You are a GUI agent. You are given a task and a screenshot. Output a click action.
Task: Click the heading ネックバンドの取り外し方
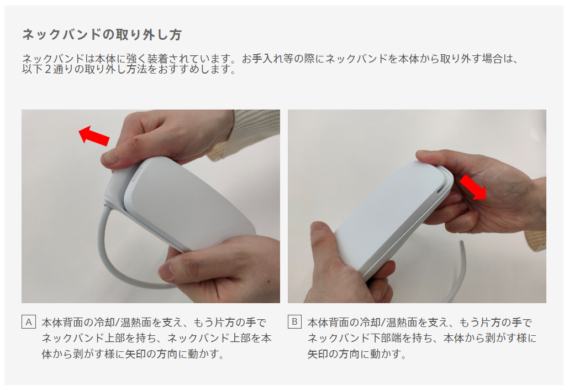tap(102, 34)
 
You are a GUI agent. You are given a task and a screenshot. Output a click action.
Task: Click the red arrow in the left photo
tap(94, 135)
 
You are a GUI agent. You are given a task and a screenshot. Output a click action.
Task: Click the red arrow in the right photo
tap(473, 187)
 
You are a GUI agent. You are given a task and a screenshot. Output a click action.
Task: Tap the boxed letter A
tap(29, 322)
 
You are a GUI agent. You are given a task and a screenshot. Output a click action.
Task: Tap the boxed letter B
tap(294, 322)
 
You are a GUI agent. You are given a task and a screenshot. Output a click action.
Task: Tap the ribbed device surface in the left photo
tap(189, 204)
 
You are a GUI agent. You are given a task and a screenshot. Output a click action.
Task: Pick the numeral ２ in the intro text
tap(48, 69)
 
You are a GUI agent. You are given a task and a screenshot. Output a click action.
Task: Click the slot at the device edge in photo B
tap(440, 190)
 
